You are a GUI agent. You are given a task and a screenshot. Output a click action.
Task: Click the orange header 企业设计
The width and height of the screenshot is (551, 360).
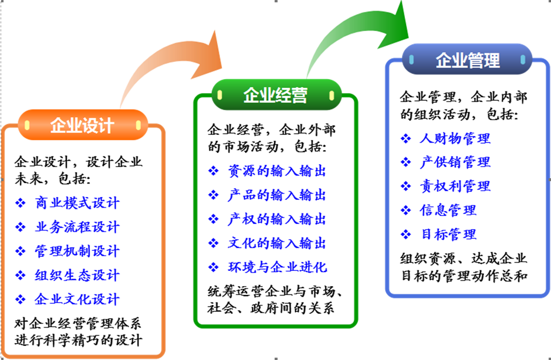pyautogui.click(x=83, y=125)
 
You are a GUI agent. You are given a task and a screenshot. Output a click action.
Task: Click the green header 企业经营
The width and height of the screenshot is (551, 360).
pyautogui.click(x=276, y=95)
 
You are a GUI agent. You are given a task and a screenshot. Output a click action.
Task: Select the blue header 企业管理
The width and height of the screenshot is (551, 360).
pyautogui.click(x=467, y=59)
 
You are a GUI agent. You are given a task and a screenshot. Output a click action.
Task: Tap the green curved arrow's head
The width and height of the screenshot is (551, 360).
pyautogui.click(x=395, y=24)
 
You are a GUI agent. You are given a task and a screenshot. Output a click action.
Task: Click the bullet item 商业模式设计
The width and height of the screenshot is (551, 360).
pyautogui.click(x=77, y=203)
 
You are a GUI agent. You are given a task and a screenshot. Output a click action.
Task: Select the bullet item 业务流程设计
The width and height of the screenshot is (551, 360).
pyautogui.click(x=77, y=227)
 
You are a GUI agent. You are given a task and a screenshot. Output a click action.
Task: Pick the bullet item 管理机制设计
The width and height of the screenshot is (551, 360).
pyautogui.click(x=77, y=251)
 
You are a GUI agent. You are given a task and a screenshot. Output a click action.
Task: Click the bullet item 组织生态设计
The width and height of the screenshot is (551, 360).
pyautogui.click(x=77, y=275)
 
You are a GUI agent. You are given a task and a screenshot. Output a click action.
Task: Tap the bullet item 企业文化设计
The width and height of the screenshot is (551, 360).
pyautogui.click(x=77, y=299)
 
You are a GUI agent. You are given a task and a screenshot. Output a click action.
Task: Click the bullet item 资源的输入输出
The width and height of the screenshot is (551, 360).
pyautogui.click(x=277, y=171)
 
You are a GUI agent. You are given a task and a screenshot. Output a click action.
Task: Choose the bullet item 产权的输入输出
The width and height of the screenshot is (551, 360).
pyautogui.click(x=277, y=219)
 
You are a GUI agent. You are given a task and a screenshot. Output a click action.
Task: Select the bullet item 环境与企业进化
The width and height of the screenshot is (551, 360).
pyautogui.click(x=278, y=267)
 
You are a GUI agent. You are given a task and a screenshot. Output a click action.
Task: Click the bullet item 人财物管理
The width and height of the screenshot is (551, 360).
pyautogui.click(x=455, y=138)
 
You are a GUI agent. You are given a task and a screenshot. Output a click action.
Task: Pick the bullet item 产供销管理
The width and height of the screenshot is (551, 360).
pyautogui.click(x=455, y=162)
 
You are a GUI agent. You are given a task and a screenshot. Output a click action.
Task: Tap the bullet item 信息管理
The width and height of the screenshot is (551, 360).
pyautogui.click(x=448, y=210)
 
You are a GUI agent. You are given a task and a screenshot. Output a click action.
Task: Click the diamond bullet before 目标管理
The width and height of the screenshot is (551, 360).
pyautogui.click(x=406, y=235)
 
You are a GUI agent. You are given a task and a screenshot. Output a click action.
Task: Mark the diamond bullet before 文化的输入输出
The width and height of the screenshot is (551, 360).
pyautogui.click(x=214, y=243)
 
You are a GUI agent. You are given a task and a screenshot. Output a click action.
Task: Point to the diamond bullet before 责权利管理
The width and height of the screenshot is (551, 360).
pyautogui.click(x=406, y=186)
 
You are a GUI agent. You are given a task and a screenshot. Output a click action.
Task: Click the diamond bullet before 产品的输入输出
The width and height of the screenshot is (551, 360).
pyautogui.click(x=214, y=195)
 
